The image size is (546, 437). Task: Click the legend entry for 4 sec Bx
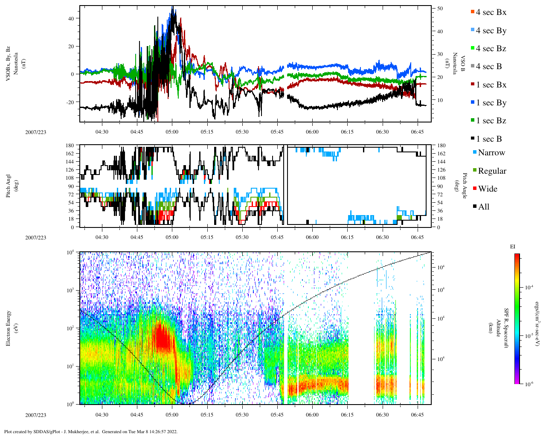pyautogui.click(x=491, y=12)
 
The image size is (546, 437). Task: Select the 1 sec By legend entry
pyautogui.click(x=491, y=103)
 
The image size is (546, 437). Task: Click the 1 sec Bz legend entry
pyautogui.click(x=491, y=121)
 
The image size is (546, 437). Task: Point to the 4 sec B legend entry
pyautogui.click(x=488, y=67)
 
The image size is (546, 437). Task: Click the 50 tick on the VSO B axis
pyautogui.click(x=440, y=9)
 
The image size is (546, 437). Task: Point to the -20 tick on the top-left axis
pyautogui.click(x=70, y=102)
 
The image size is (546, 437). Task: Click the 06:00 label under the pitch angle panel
pyautogui.click(x=312, y=237)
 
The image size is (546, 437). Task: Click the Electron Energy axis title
pyautogui.click(x=9, y=328)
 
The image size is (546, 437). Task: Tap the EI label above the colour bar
pyautogui.click(x=513, y=247)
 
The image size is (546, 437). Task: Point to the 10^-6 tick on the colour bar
pyautogui.click(x=529, y=384)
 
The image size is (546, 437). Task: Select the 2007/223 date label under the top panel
pyautogui.click(x=36, y=132)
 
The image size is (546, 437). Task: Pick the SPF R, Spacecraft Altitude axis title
pyautogui.click(x=502, y=328)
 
